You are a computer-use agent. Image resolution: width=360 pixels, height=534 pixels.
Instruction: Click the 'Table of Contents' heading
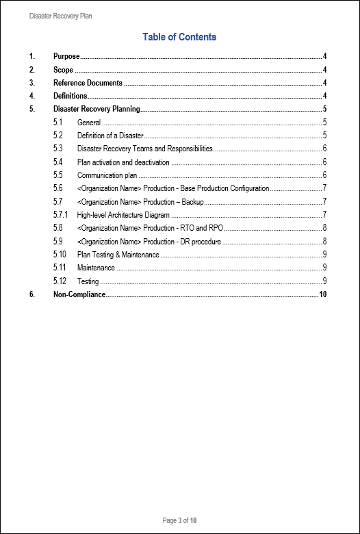coord(179,37)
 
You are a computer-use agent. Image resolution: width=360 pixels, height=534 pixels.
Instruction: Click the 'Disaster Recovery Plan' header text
coord(60,16)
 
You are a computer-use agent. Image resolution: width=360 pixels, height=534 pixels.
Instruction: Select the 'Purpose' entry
coord(66,56)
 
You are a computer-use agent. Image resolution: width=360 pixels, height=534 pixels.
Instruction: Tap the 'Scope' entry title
coord(63,70)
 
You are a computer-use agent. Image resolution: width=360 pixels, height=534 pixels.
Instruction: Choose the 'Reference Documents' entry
coord(88,83)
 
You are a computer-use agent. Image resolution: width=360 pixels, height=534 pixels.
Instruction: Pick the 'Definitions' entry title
coord(70,96)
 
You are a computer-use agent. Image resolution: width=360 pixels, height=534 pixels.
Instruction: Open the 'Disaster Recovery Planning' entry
coord(97,110)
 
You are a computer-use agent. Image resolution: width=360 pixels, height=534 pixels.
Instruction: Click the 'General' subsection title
coord(89,123)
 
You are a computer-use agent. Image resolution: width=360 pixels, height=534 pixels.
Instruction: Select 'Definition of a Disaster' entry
coord(110,136)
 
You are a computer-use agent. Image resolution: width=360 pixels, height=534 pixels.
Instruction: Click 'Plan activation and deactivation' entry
coord(123,162)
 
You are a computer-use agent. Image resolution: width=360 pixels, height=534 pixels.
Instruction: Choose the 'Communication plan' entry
coord(107,175)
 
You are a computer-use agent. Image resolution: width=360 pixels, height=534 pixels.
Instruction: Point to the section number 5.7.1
coord(61,215)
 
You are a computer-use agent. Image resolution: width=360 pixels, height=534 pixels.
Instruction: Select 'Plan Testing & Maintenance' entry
coord(118,255)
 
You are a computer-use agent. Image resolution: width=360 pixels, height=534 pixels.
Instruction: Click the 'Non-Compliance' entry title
coord(79,294)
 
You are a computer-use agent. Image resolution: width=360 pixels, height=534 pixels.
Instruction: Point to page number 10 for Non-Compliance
coord(323,294)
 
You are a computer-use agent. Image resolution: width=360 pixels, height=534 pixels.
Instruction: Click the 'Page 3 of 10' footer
coord(180,521)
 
